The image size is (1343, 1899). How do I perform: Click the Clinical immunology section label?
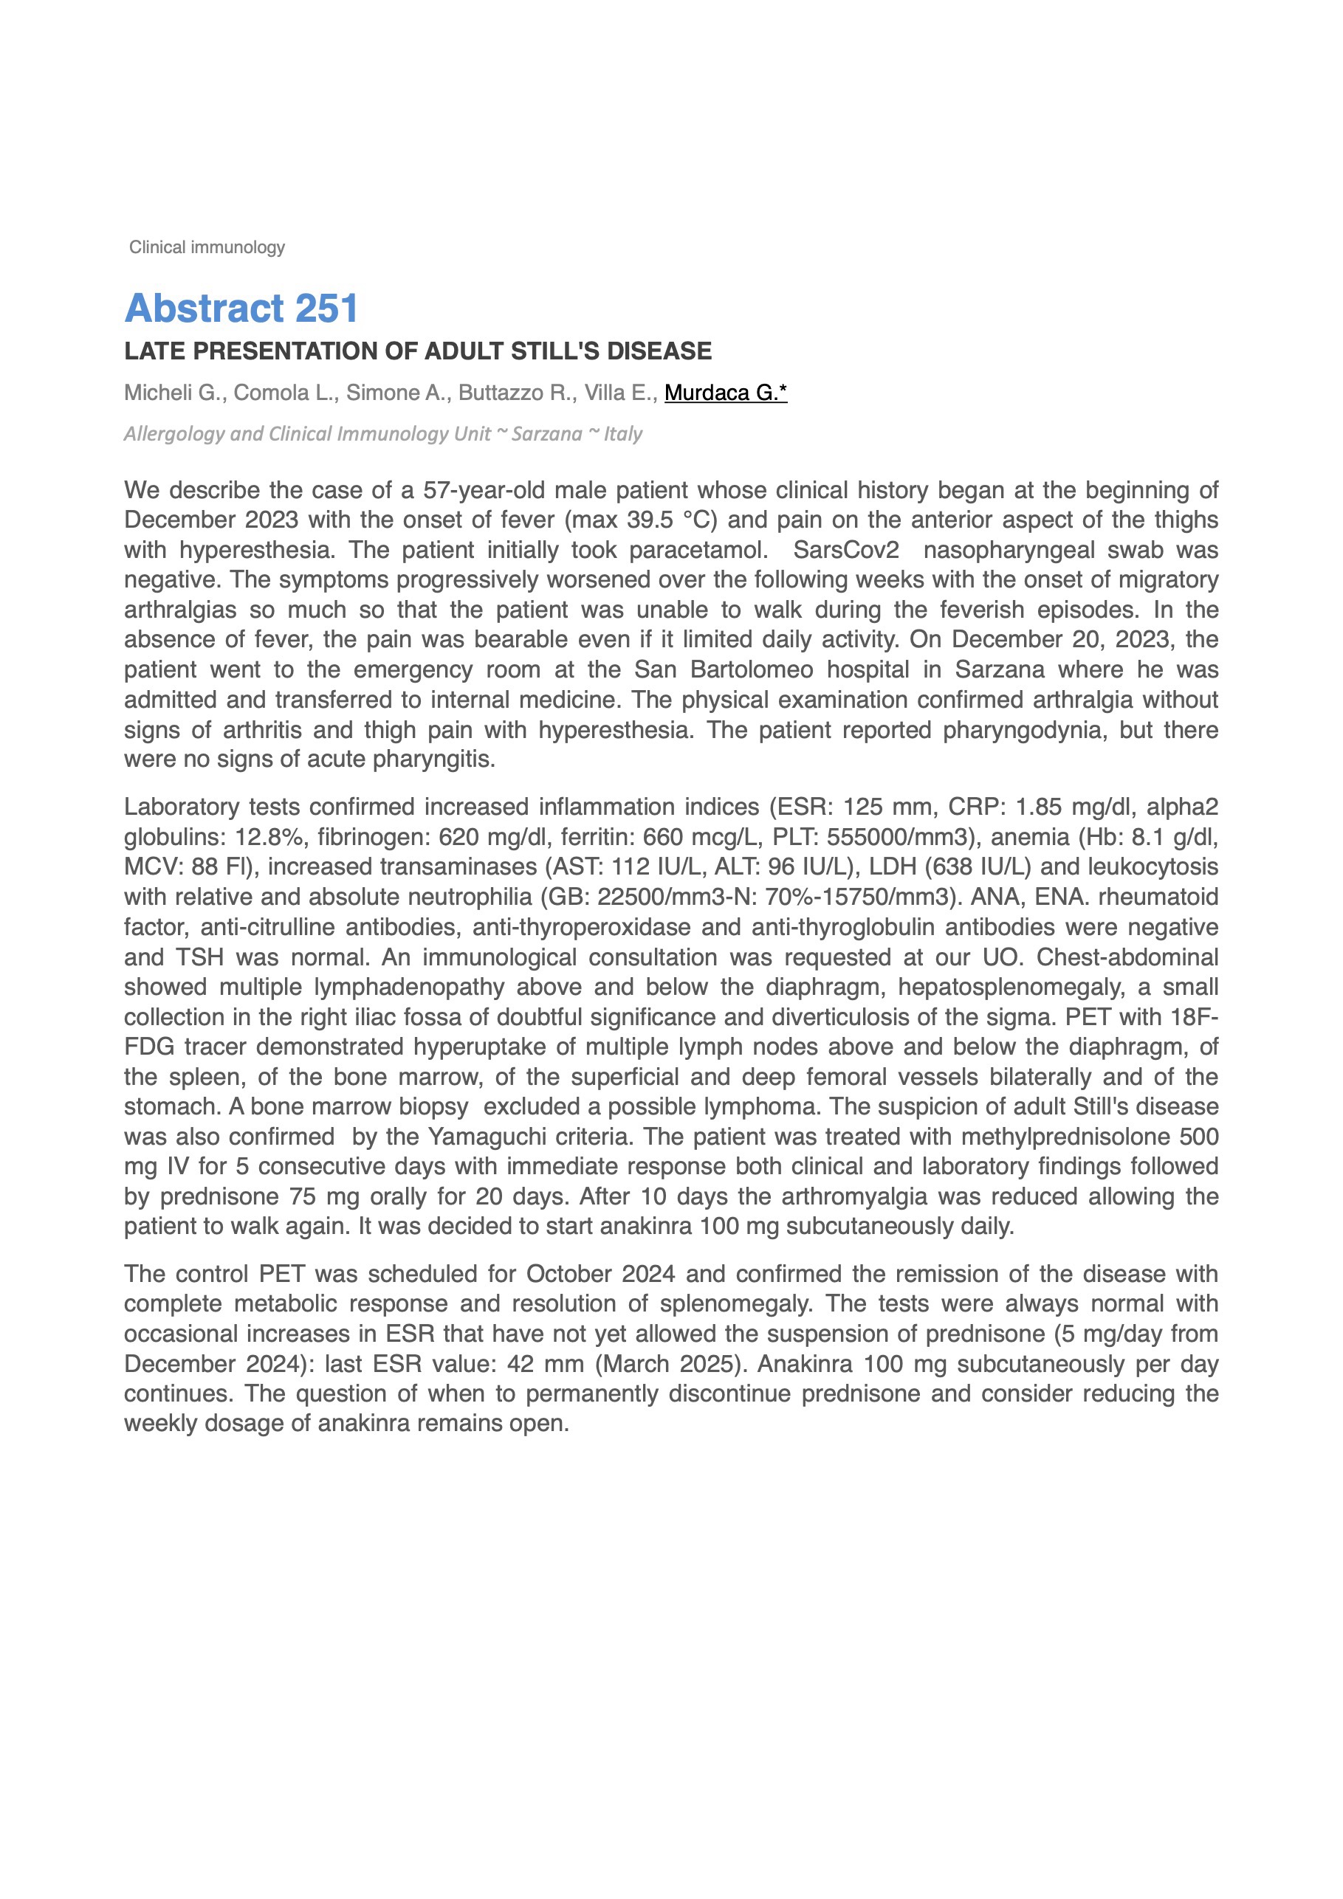[206, 247]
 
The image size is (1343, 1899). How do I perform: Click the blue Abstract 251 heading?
[241, 309]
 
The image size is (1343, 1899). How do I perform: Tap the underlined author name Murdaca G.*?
[725, 393]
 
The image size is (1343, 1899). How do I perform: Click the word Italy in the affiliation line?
[622, 434]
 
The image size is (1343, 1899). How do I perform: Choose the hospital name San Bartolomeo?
[724, 670]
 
